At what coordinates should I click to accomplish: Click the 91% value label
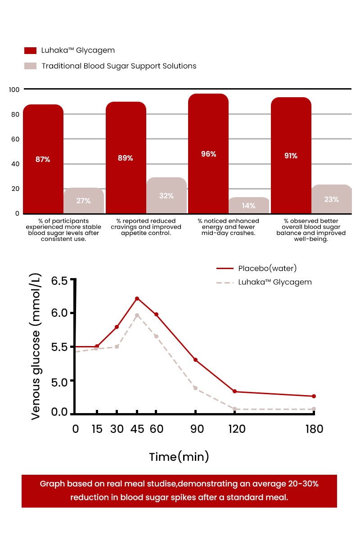tap(291, 156)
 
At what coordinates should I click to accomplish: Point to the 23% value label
tap(332, 199)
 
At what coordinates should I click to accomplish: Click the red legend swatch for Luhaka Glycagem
tap(30, 50)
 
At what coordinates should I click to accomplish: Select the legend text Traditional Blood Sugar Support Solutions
tap(119, 66)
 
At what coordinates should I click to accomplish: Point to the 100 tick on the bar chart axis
tap(14, 90)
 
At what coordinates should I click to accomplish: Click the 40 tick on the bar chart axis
tap(15, 164)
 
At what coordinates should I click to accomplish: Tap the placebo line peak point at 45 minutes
tap(137, 298)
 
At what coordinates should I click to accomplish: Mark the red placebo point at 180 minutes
tap(314, 396)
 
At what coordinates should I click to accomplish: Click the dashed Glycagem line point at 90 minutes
tap(195, 388)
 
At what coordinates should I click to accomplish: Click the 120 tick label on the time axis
tap(237, 429)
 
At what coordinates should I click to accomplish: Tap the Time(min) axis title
tap(179, 457)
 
